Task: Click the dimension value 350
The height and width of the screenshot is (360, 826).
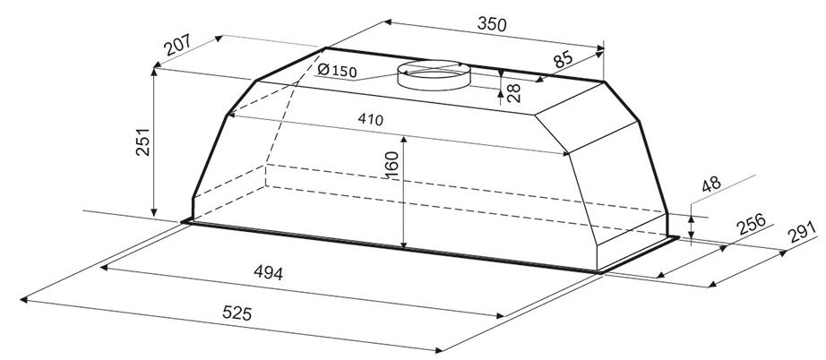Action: pos(492,23)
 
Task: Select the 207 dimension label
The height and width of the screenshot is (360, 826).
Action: pos(177,46)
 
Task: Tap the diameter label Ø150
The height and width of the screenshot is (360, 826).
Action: pos(338,70)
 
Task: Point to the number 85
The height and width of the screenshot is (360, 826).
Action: pos(563,58)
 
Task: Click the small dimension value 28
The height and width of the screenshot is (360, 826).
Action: pos(513,92)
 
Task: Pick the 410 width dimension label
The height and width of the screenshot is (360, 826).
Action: pos(370,119)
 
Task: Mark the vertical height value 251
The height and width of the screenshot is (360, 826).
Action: pos(142,141)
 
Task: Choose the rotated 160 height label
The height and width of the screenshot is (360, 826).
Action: pos(391,165)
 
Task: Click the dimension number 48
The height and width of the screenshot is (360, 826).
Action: pos(711,185)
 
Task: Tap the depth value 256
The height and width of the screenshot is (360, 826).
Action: pos(751,225)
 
